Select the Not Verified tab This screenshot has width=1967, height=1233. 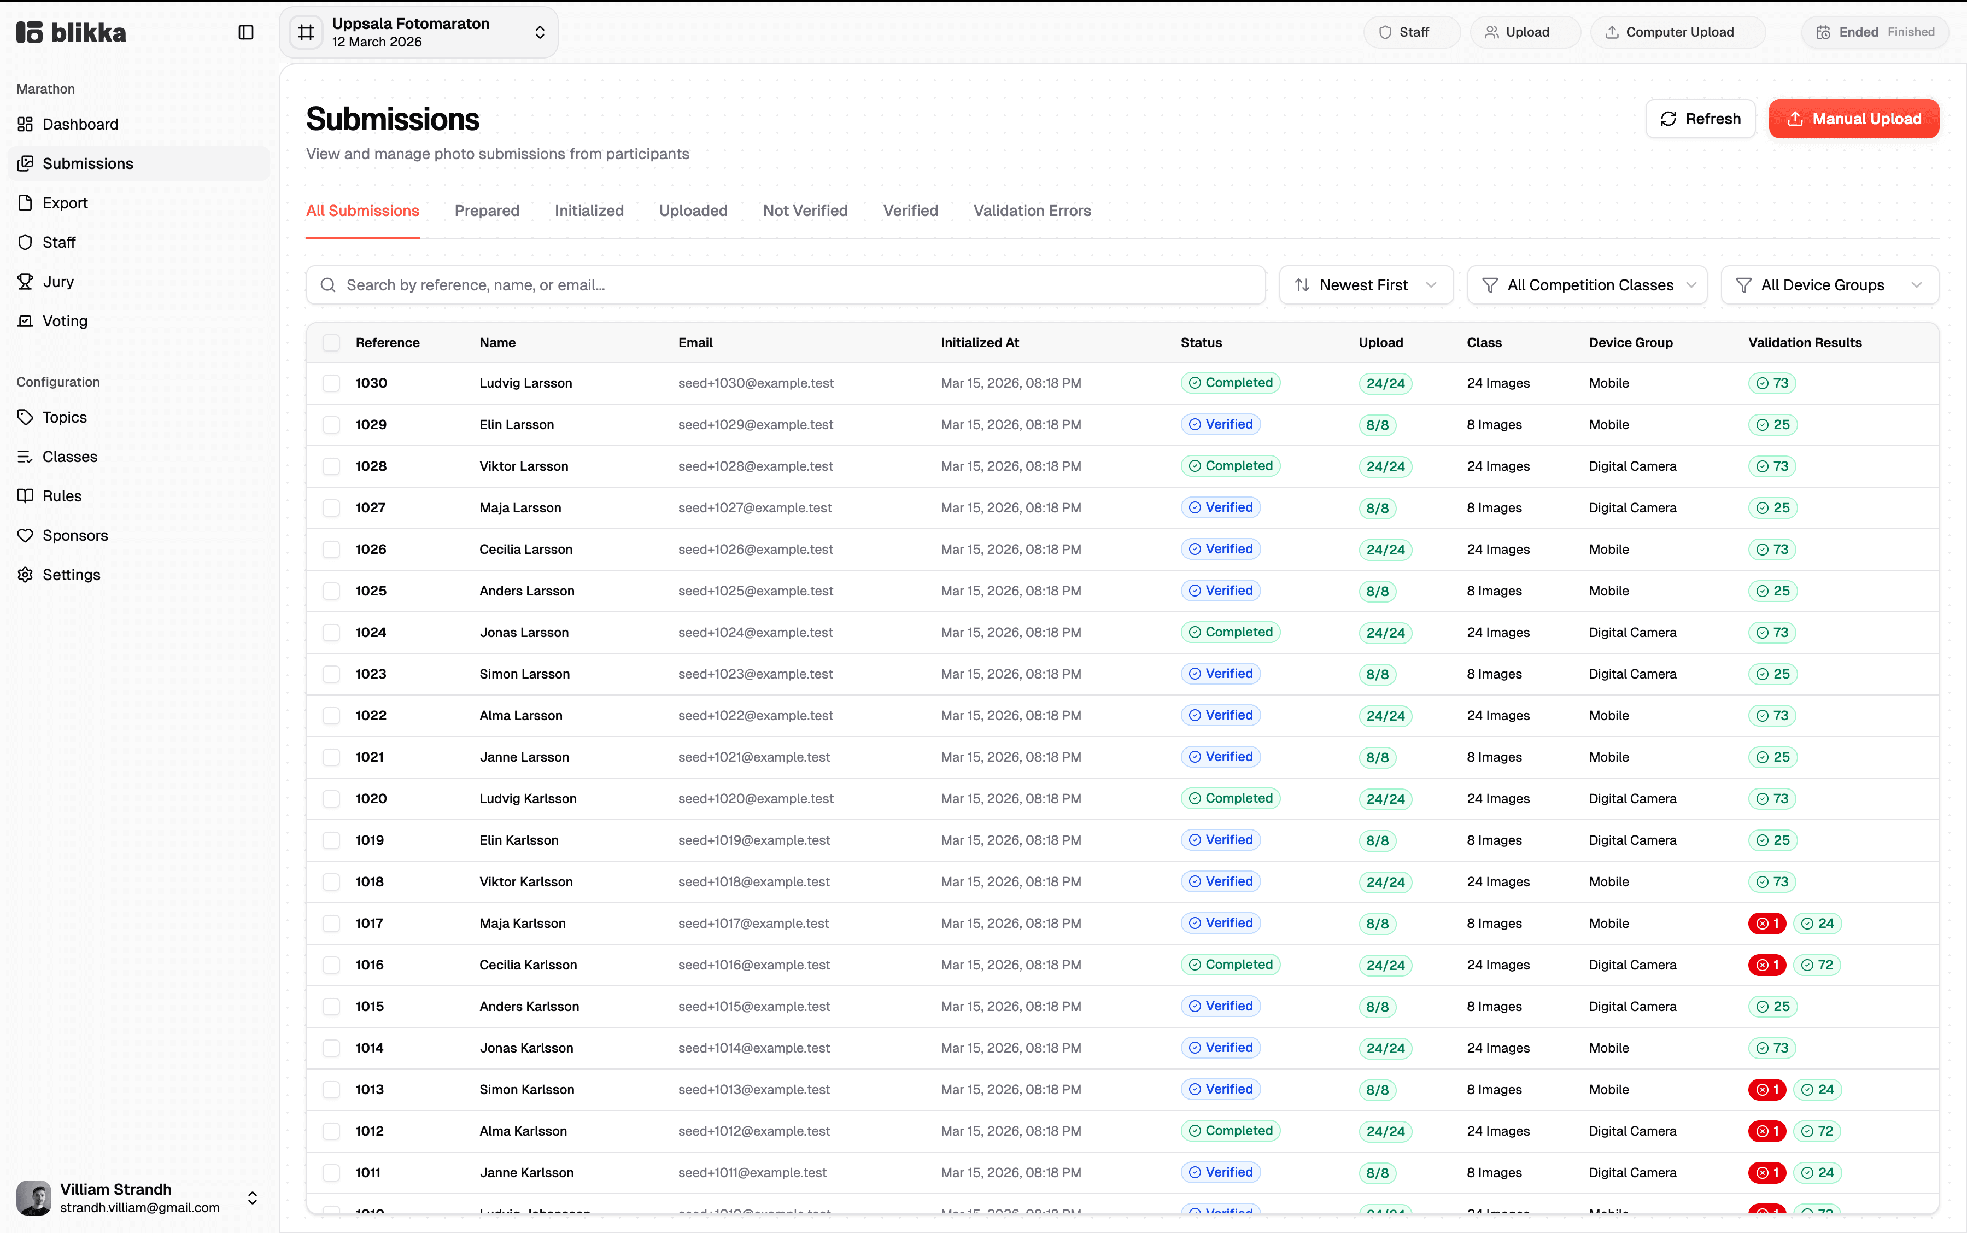click(x=805, y=211)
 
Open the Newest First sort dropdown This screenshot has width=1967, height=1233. click(x=1366, y=284)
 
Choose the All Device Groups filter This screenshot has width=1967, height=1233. click(x=1829, y=284)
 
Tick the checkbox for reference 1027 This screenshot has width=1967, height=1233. click(x=331, y=508)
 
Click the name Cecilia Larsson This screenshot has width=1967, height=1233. click(x=526, y=550)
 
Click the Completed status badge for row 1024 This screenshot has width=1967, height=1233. click(x=1230, y=632)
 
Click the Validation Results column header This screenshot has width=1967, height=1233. click(x=1804, y=342)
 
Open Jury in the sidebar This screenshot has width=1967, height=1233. click(x=58, y=282)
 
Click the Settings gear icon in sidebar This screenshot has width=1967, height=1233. click(x=25, y=575)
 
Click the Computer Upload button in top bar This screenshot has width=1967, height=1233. click(x=1678, y=33)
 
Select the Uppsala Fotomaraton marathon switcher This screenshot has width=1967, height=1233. click(x=419, y=33)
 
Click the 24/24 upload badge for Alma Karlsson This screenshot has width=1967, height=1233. click(x=1384, y=1132)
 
